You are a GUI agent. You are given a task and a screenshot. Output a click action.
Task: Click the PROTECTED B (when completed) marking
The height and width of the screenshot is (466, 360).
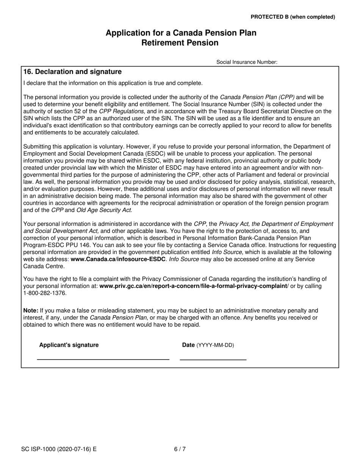[293, 17]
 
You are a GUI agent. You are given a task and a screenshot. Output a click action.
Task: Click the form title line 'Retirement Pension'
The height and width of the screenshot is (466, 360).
[180, 43]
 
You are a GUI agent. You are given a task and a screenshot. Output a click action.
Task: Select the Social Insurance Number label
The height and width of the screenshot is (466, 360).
[247, 62]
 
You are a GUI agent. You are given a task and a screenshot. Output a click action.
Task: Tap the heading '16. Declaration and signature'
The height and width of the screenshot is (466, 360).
[72, 72]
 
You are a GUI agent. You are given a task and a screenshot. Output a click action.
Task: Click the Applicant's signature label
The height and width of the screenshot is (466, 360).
[69, 345]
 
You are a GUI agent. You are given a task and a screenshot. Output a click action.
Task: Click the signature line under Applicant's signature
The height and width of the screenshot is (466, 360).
[103, 359]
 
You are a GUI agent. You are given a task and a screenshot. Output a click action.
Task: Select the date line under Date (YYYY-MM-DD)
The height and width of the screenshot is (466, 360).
[213, 359]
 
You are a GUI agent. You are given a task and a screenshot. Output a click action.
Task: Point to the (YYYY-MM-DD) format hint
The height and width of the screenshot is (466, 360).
[215, 345]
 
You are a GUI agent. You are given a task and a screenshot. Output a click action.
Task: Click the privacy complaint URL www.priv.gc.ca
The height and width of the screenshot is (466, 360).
[193, 286]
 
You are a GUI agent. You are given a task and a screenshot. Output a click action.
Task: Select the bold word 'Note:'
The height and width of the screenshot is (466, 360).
[31, 311]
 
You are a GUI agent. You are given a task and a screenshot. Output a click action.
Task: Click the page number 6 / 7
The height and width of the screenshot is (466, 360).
[180, 449]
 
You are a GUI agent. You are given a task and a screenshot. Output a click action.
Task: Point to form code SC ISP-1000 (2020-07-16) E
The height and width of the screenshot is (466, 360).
[59, 449]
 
